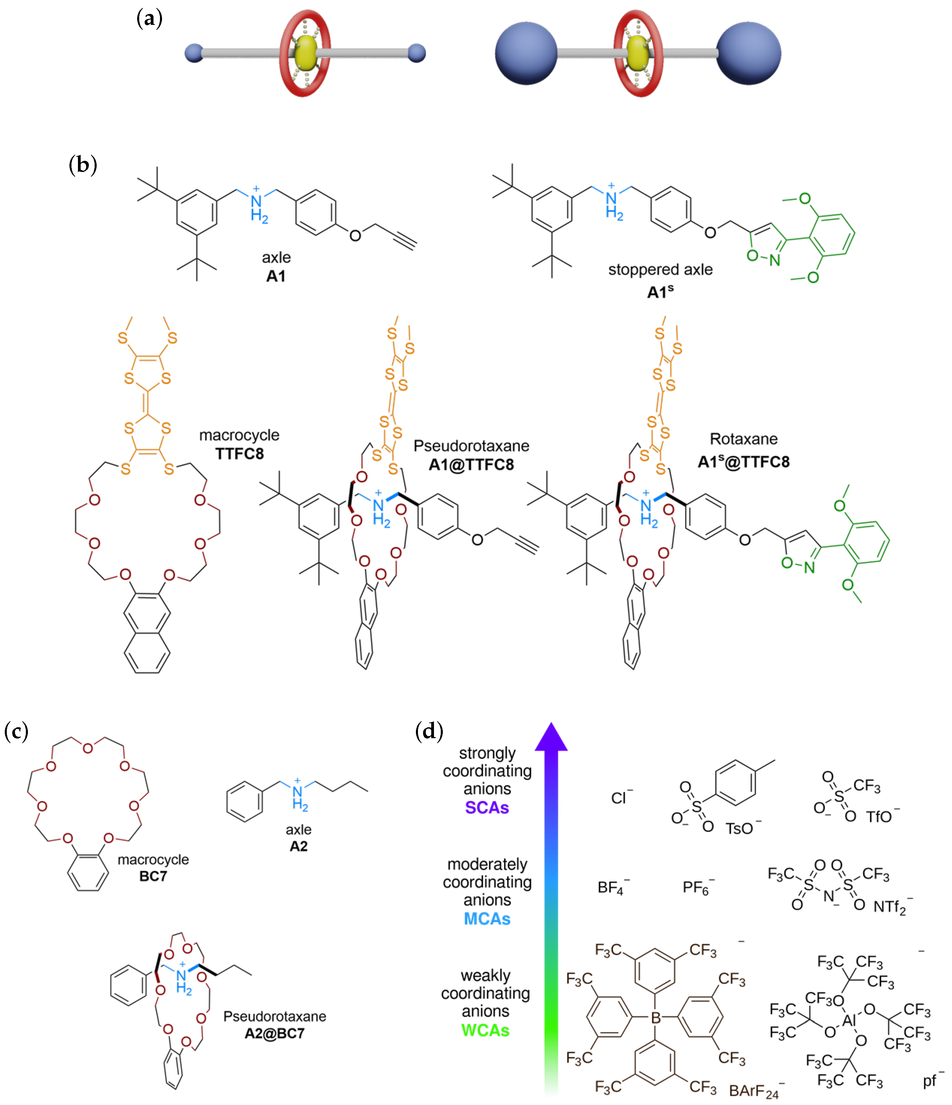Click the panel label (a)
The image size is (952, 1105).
point(149,19)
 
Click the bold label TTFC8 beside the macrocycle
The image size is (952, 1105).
point(239,454)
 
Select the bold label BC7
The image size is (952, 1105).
point(153,876)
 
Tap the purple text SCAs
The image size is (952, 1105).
point(487,807)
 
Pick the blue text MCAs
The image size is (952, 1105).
point(487,919)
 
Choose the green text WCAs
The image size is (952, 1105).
point(485,1030)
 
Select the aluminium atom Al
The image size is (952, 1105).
point(849,1021)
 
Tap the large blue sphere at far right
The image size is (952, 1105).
point(748,53)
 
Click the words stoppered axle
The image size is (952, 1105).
point(660,270)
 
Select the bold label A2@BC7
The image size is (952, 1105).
point(275,1033)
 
